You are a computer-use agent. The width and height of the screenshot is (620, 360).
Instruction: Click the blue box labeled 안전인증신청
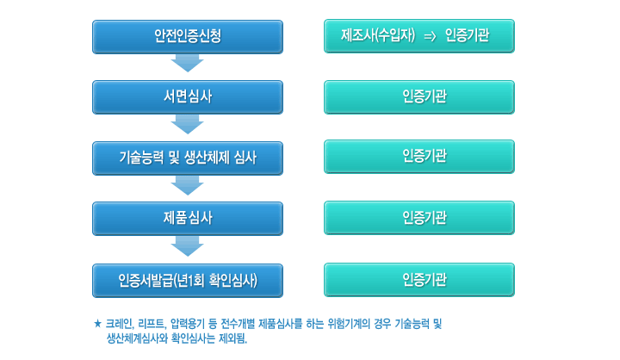[188, 37]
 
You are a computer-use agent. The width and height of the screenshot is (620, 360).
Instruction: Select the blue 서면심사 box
[188, 97]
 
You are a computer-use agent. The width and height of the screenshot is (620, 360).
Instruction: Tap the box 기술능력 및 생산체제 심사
[188, 158]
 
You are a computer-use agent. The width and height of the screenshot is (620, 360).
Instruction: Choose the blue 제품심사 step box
[188, 219]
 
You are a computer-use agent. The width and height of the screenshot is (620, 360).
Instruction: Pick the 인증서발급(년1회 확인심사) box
[188, 281]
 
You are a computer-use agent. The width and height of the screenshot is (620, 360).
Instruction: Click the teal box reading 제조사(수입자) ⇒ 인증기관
[419, 36]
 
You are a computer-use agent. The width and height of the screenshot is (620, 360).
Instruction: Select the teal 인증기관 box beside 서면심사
[419, 97]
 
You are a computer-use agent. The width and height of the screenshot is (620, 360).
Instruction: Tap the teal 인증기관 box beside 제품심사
[419, 218]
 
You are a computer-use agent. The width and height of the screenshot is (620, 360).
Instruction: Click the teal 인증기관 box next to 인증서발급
[419, 280]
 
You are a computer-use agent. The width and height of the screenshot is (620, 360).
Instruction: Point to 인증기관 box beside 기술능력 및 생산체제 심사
[419, 156]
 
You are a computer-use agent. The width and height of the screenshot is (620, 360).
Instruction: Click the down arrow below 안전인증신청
[188, 63]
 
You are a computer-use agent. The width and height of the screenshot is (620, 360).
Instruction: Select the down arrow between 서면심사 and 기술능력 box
[188, 125]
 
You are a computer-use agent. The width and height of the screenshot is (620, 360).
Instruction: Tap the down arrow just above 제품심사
[188, 185]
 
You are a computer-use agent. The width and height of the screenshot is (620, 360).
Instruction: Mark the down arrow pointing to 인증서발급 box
[188, 246]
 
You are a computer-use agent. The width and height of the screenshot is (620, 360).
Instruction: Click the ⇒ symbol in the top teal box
[430, 37]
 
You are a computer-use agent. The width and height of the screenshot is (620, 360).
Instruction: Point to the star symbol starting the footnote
[97, 324]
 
